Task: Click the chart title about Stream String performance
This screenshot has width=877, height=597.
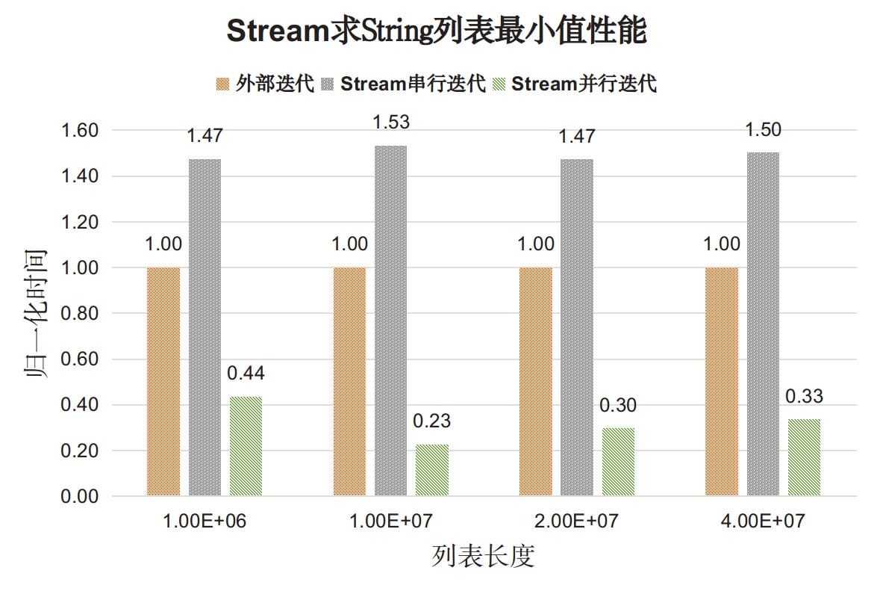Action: coord(437,30)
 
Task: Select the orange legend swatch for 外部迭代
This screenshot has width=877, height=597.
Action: coord(222,84)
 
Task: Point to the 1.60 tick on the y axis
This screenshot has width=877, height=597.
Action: coord(79,131)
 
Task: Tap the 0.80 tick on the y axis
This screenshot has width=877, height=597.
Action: coord(79,313)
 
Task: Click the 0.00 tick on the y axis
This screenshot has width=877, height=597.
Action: coord(79,496)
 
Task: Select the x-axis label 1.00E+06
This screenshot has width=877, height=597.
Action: coord(205,521)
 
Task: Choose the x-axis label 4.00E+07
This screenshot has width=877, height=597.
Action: coord(763,521)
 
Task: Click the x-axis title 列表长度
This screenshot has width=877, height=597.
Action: coord(483,556)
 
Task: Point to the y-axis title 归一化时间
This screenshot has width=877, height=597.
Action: coord(36,314)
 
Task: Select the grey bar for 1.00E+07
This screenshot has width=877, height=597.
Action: coord(391,321)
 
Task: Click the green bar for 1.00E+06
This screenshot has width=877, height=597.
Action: coord(246,446)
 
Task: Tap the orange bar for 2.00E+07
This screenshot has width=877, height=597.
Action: coord(536,381)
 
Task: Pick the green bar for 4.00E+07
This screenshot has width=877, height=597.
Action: coord(805,457)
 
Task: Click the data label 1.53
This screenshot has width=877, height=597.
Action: coord(391,122)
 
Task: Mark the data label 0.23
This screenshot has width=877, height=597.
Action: coord(432,421)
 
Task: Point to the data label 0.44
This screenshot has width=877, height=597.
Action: coord(246,373)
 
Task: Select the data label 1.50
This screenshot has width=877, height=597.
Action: coord(763,129)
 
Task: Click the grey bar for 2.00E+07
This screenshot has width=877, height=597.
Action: coord(577,327)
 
